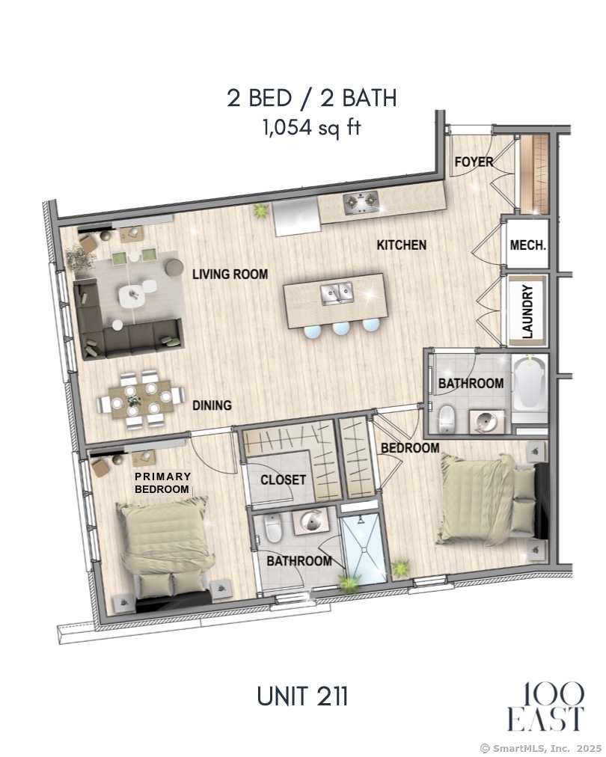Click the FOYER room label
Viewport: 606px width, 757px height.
[474, 162]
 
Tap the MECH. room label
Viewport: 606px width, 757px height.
[527, 245]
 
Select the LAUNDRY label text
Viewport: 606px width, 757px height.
[527, 311]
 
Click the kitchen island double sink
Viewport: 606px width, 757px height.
[337, 293]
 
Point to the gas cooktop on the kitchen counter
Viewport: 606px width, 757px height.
[361, 203]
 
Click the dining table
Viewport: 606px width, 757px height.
[141, 399]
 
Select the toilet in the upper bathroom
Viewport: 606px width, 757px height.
[447, 419]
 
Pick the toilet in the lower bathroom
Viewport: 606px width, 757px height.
[273, 527]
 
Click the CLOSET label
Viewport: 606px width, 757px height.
[283, 479]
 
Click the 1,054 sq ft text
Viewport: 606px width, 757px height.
[311, 128]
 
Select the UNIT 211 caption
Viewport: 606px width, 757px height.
[302, 696]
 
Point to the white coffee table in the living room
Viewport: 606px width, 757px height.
[132, 296]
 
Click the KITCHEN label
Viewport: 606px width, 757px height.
[402, 245]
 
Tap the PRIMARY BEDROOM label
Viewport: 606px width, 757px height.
[163, 482]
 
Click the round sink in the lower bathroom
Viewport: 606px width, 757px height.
[311, 521]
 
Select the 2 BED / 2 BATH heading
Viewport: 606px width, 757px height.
[312, 98]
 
